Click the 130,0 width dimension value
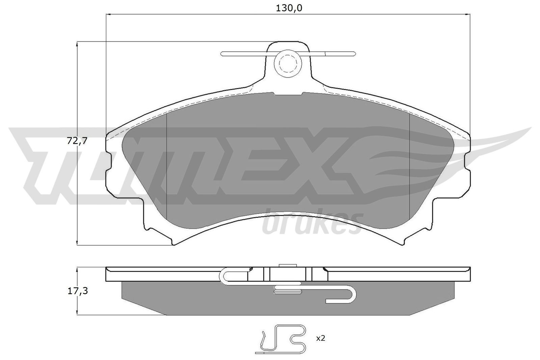(289, 8)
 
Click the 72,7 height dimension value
(77, 141)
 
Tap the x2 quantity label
(320, 338)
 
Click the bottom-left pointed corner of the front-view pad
(173, 244)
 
